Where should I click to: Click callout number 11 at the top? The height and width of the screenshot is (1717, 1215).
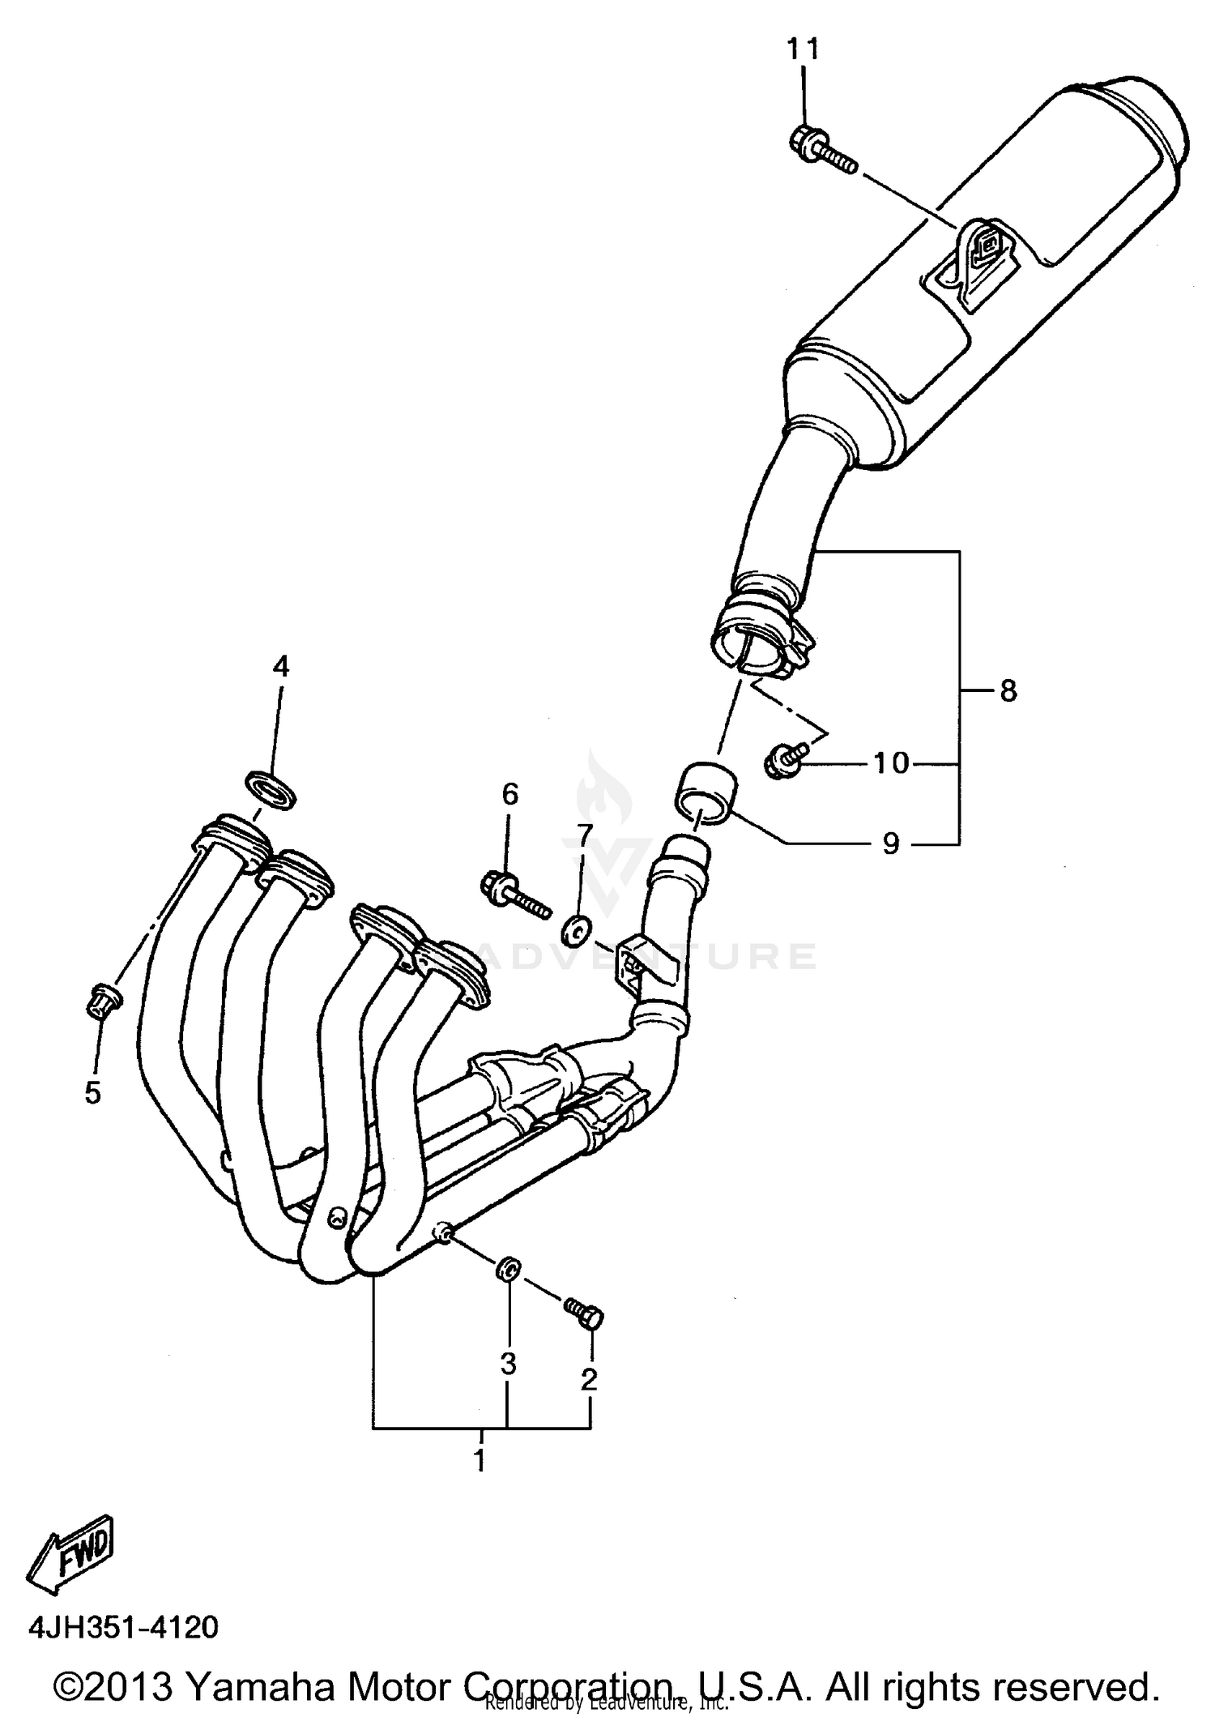pos(804,50)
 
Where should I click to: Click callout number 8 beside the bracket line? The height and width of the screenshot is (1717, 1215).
pos(1008,691)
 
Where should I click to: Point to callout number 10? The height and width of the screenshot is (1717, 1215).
pos(892,762)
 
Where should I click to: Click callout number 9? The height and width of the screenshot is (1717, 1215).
pos(890,844)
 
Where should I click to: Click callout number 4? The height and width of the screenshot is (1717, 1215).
pos(280,667)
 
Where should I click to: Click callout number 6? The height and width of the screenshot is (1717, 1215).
pos(509,795)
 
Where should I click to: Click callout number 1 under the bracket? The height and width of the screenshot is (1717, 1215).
pos(480,1460)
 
